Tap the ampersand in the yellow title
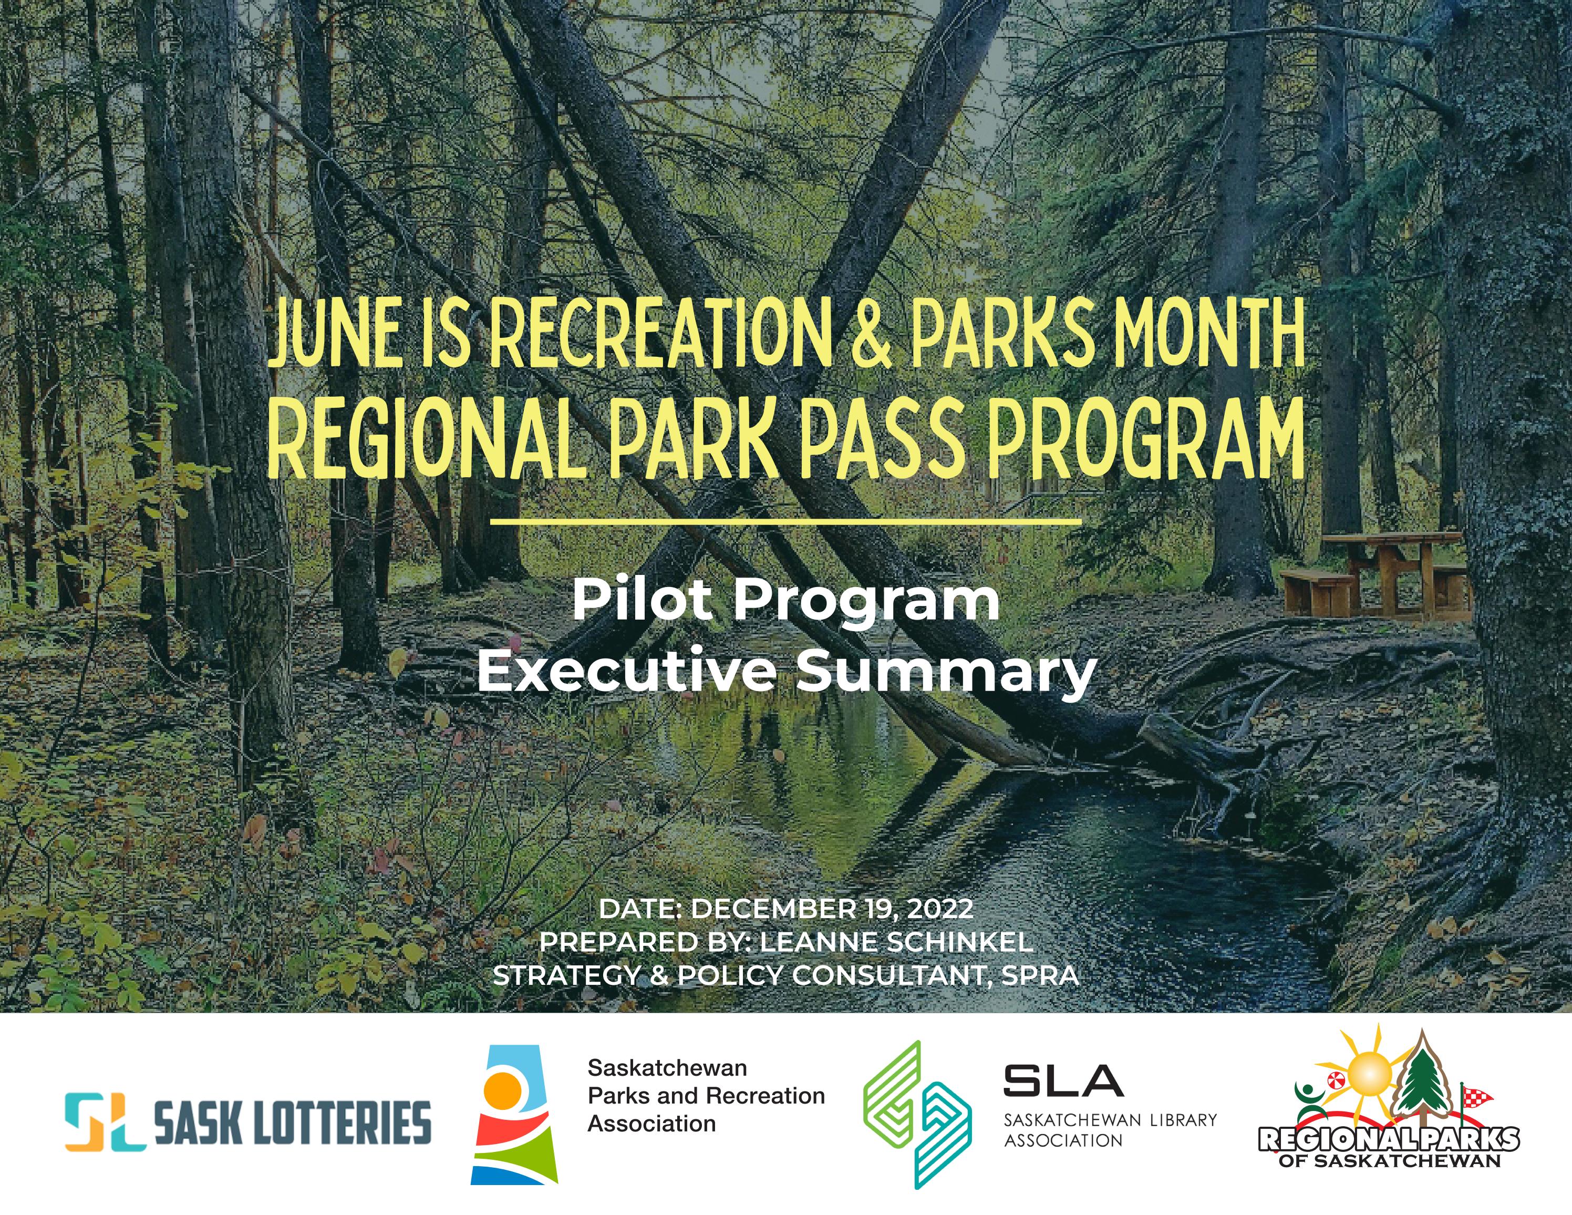872,333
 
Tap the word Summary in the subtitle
945,672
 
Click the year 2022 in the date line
940,909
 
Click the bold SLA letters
1062,1080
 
